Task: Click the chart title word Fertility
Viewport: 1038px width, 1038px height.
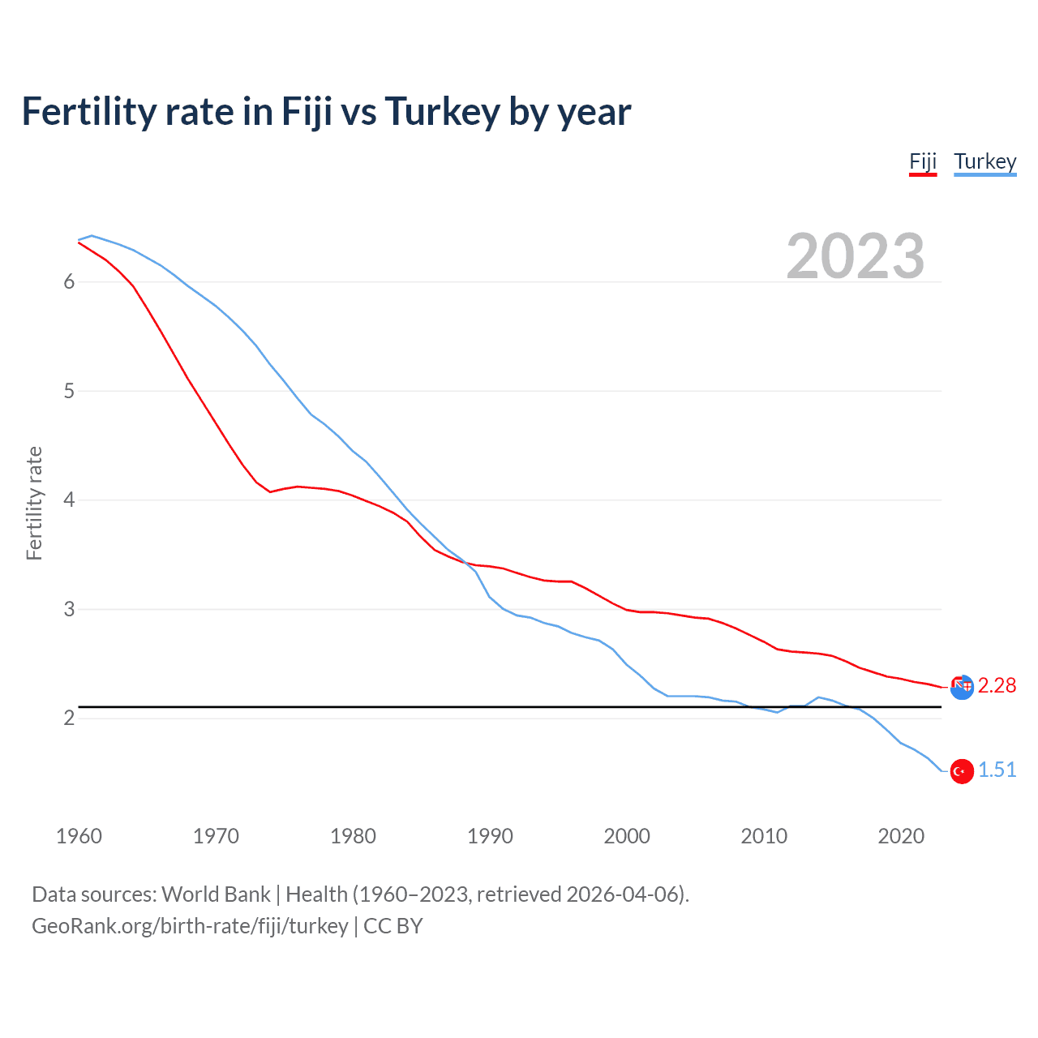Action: tap(88, 112)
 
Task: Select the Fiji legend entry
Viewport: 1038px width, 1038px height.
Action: tap(923, 161)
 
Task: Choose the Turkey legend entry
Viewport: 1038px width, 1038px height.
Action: tap(984, 161)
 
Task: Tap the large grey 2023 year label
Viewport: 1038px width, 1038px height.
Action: tap(855, 256)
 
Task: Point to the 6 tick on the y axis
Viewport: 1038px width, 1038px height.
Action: tap(69, 281)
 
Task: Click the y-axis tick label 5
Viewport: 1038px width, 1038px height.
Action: tap(69, 391)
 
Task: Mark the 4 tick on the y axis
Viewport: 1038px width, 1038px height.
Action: tap(69, 500)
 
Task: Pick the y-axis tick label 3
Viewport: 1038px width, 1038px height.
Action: tap(69, 609)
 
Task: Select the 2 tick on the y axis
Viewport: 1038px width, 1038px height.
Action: tap(69, 718)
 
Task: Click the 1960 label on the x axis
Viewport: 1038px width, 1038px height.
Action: tap(79, 836)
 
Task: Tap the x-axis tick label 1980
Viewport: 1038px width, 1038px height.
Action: tap(353, 836)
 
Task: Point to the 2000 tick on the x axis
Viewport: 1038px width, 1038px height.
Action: tap(627, 836)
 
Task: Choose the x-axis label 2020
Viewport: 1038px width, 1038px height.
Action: tap(901, 836)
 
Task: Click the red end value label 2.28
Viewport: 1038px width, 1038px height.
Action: tap(997, 686)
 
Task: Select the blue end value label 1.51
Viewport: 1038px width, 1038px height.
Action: tap(997, 770)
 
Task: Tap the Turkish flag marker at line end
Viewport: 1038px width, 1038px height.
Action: tap(962, 771)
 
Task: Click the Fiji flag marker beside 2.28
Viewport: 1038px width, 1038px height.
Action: tap(962, 686)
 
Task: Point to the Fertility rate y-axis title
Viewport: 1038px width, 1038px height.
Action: tap(34, 503)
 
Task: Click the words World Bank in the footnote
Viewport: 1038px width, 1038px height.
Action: tap(216, 894)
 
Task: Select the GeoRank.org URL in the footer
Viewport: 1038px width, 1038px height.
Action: tap(190, 926)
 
